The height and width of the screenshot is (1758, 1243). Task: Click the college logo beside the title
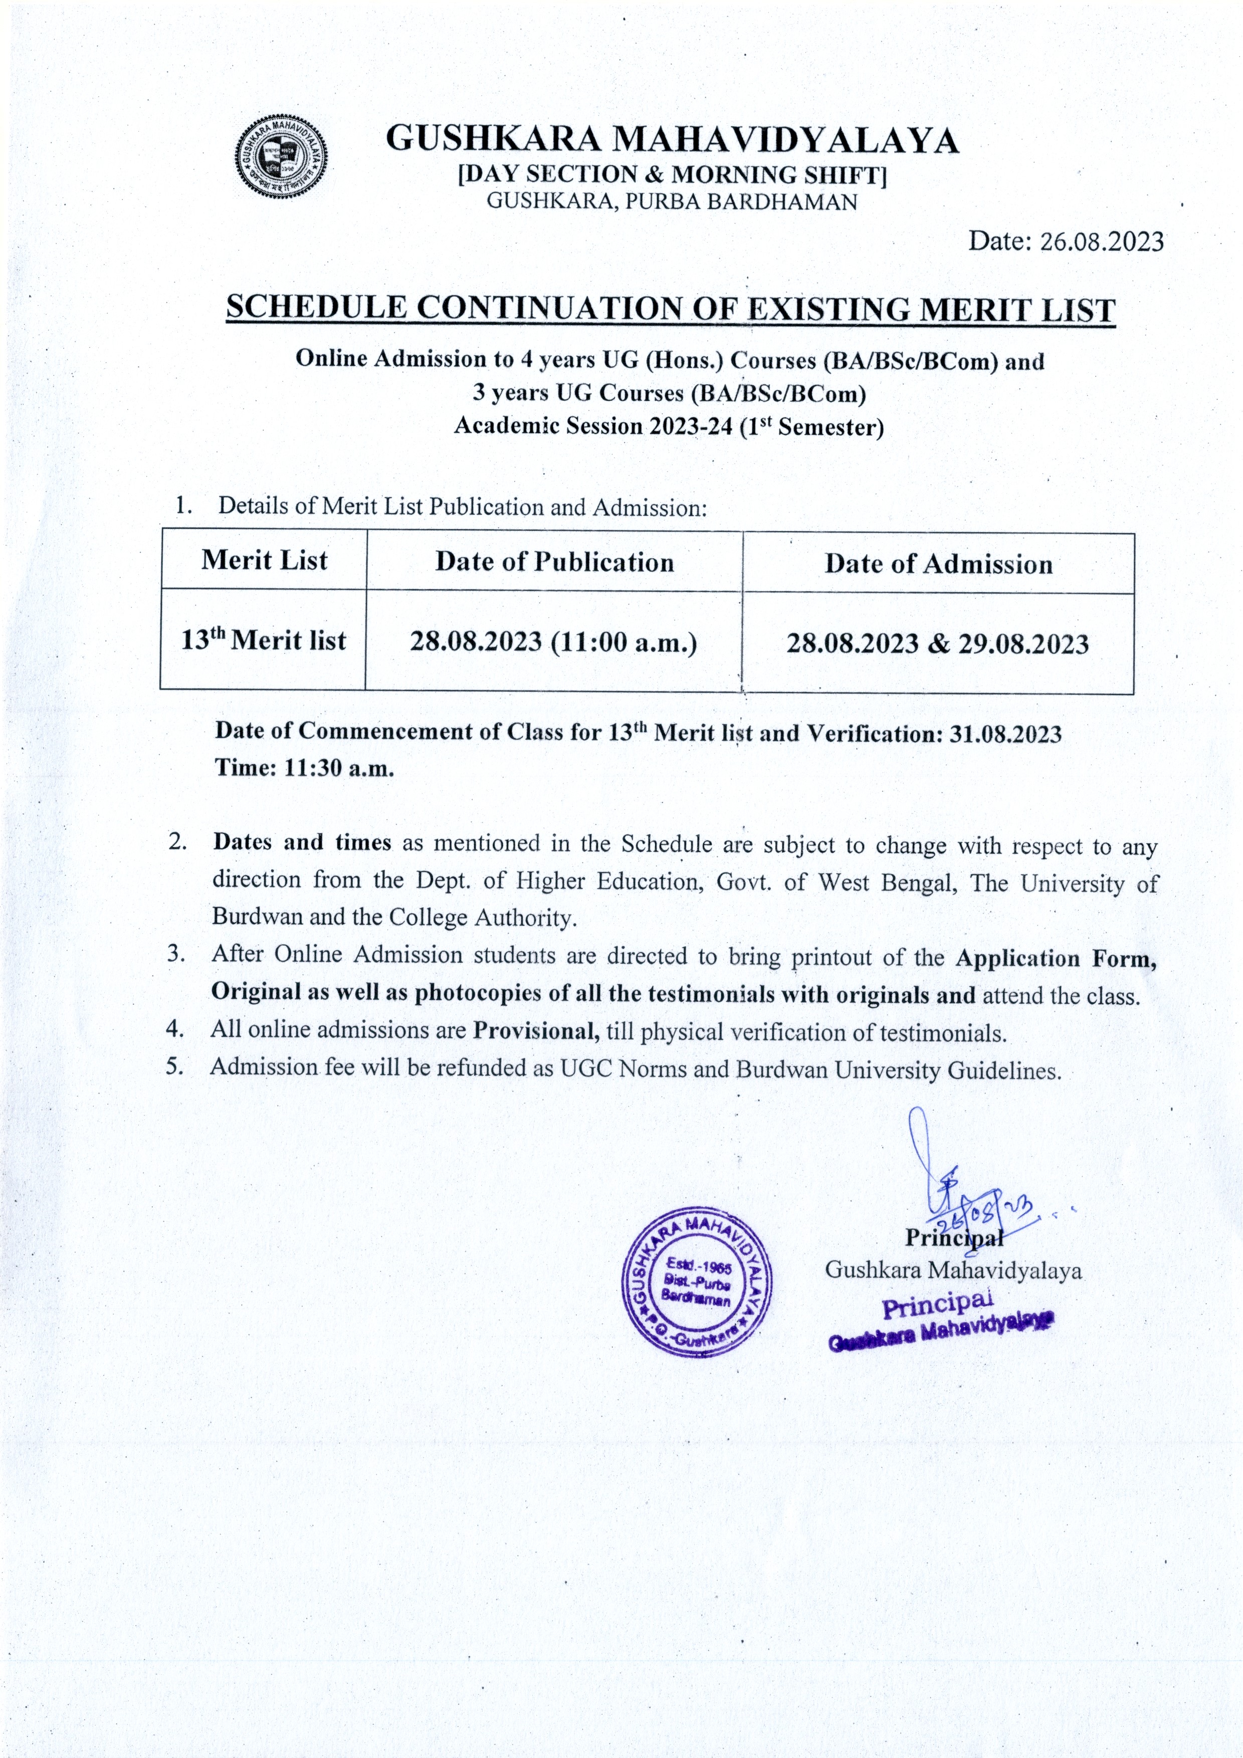pos(280,158)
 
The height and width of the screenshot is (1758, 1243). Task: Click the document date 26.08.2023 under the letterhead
pos(1101,242)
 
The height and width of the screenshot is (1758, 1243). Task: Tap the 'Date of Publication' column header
pos(554,563)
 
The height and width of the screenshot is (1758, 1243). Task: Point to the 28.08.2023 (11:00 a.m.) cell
pos(553,641)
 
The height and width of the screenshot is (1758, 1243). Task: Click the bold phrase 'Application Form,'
pos(1056,959)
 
